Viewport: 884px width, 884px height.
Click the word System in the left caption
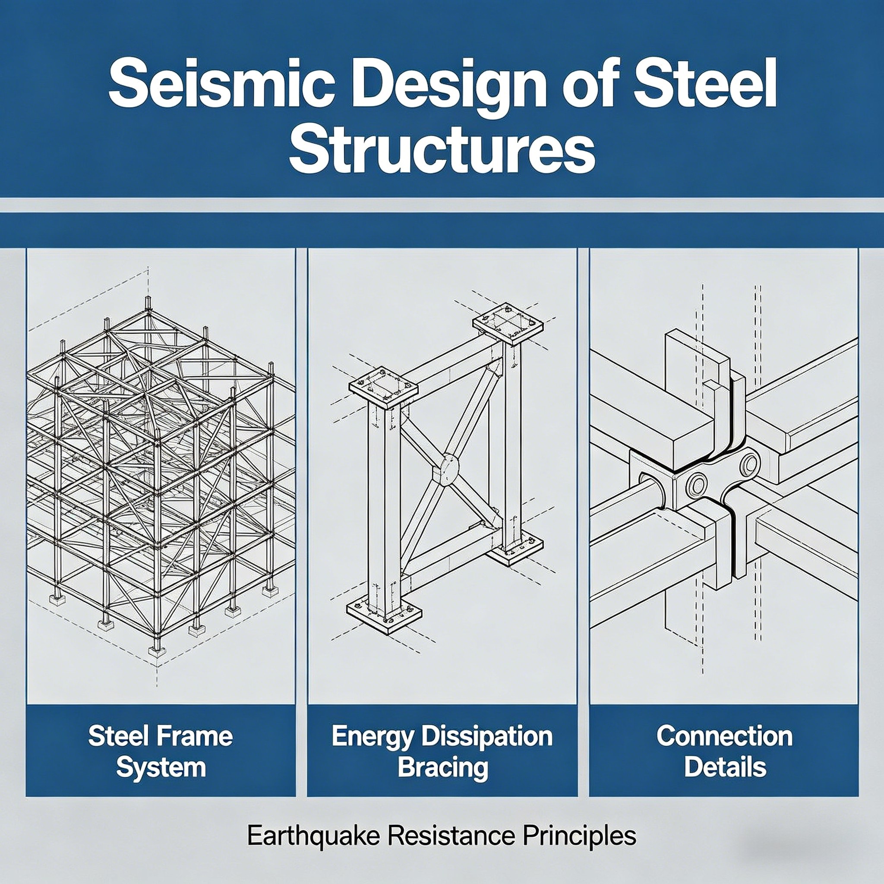161,768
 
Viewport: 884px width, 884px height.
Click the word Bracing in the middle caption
442,768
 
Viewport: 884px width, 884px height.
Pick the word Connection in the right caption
724,737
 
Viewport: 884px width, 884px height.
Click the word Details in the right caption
725,767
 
